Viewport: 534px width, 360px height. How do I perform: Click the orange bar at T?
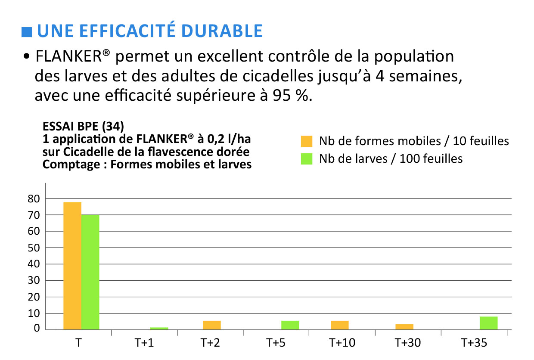(x=72, y=266)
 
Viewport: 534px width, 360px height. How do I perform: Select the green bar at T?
(x=90, y=272)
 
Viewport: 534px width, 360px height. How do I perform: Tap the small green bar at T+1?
(x=159, y=329)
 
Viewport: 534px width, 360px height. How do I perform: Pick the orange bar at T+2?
(x=212, y=325)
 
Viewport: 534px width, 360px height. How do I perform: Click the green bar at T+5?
(x=290, y=325)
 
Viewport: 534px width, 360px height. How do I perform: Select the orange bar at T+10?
(x=339, y=325)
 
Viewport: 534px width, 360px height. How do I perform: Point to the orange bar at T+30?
(x=404, y=327)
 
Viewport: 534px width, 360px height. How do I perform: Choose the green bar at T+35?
(x=488, y=323)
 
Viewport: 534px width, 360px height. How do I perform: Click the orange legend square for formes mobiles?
(x=307, y=141)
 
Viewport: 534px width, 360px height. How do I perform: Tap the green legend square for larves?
(x=307, y=159)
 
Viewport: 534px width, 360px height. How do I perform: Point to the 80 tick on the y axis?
(x=34, y=199)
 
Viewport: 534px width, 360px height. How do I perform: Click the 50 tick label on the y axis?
(x=34, y=248)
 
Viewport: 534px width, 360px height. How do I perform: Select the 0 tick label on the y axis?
(x=37, y=328)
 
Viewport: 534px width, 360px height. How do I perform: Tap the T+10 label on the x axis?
(x=342, y=343)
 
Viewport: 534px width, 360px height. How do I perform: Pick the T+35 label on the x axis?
(x=474, y=343)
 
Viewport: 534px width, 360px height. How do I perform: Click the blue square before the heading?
(x=27, y=32)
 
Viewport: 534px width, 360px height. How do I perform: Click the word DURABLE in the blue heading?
(x=222, y=31)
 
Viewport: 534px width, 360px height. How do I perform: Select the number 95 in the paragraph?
(x=282, y=95)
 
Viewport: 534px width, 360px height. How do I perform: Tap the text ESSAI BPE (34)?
(x=83, y=126)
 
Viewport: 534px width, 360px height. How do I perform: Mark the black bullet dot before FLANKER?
(x=27, y=56)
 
